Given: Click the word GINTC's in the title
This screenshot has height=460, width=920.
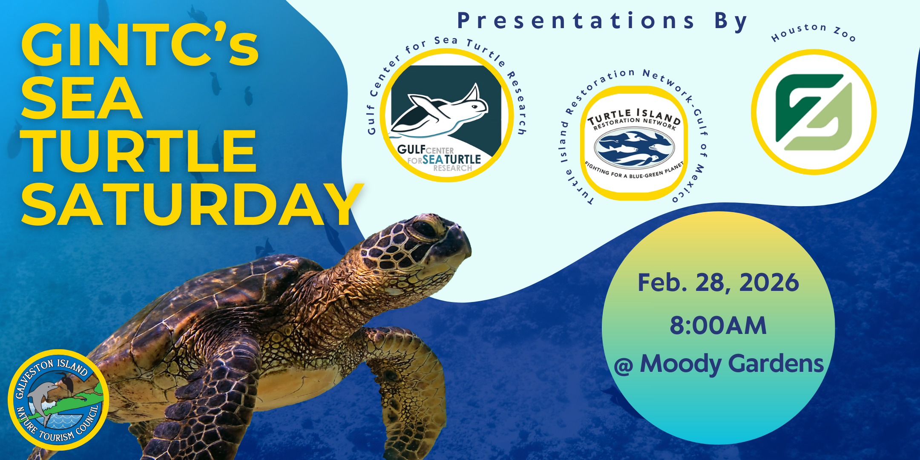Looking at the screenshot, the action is pyautogui.click(x=140, y=45).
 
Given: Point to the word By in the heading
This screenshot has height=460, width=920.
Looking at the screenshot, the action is pyautogui.click(x=731, y=22).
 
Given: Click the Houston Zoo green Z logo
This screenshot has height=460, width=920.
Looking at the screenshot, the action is pyautogui.click(x=814, y=112).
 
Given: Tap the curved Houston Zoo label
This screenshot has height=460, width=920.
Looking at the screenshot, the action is pyautogui.click(x=814, y=33).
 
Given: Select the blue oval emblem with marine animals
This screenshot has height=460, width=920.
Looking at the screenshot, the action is pyautogui.click(x=635, y=147).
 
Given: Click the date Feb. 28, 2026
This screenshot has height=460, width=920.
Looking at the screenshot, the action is pyautogui.click(x=718, y=283).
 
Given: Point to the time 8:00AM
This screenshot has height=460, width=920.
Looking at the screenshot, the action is pyautogui.click(x=718, y=325).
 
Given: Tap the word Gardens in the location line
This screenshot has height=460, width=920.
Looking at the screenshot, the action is pyautogui.click(x=776, y=365).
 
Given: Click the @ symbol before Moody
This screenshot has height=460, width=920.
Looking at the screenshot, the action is pyautogui.click(x=624, y=366).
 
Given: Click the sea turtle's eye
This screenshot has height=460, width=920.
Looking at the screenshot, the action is pyautogui.click(x=424, y=229).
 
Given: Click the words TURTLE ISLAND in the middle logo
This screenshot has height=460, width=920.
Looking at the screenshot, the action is pyautogui.click(x=634, y=116).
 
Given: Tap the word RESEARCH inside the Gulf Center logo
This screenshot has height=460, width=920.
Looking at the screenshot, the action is pyautogui.click(x=452, y=168).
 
